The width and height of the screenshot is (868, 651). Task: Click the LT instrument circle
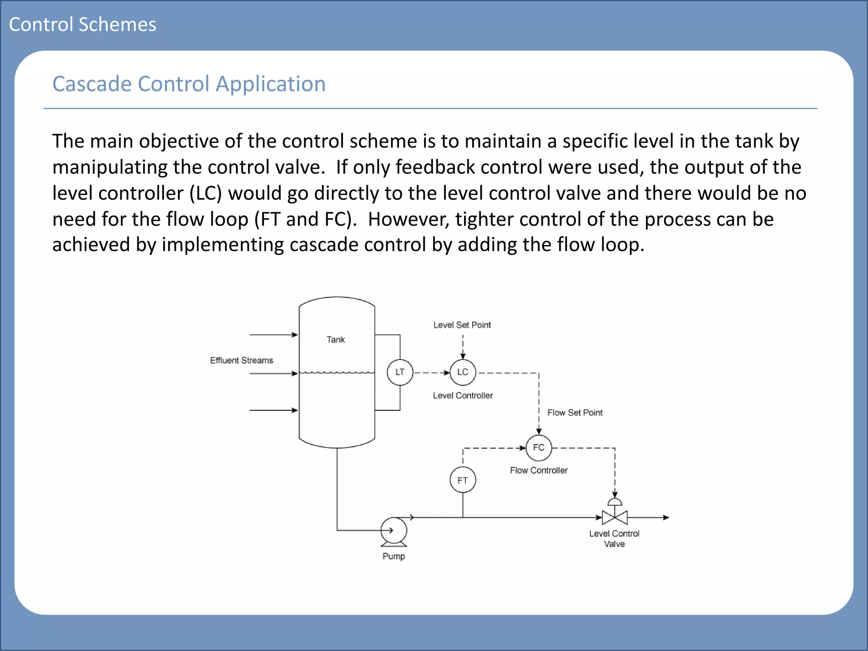tap(400, 372)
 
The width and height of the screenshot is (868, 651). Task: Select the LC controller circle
tap(462, 372)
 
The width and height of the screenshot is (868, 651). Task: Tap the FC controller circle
tap(539, 448)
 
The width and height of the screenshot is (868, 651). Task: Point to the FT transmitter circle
tap(462, 480)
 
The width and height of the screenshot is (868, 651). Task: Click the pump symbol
tap(394, 531)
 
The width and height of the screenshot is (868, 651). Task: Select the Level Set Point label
tap(462, 325)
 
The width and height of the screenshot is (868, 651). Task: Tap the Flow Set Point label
tap(575, 413)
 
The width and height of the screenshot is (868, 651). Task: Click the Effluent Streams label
tap(242, 360)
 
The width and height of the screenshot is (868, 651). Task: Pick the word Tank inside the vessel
tap(336, 339)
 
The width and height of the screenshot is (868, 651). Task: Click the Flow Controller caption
tap(539, 470)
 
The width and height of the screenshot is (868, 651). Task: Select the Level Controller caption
tap(463, 395)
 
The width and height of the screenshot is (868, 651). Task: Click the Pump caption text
tap(394, 556)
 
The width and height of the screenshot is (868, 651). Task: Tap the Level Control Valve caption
tap(614, 539)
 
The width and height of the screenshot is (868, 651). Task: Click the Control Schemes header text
tap(83, 24)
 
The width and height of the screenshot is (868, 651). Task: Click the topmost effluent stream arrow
tap(273, 335)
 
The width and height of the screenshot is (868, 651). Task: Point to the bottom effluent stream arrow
tap(273, 410)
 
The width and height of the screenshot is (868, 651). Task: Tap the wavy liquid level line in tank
tap(337, 373)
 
